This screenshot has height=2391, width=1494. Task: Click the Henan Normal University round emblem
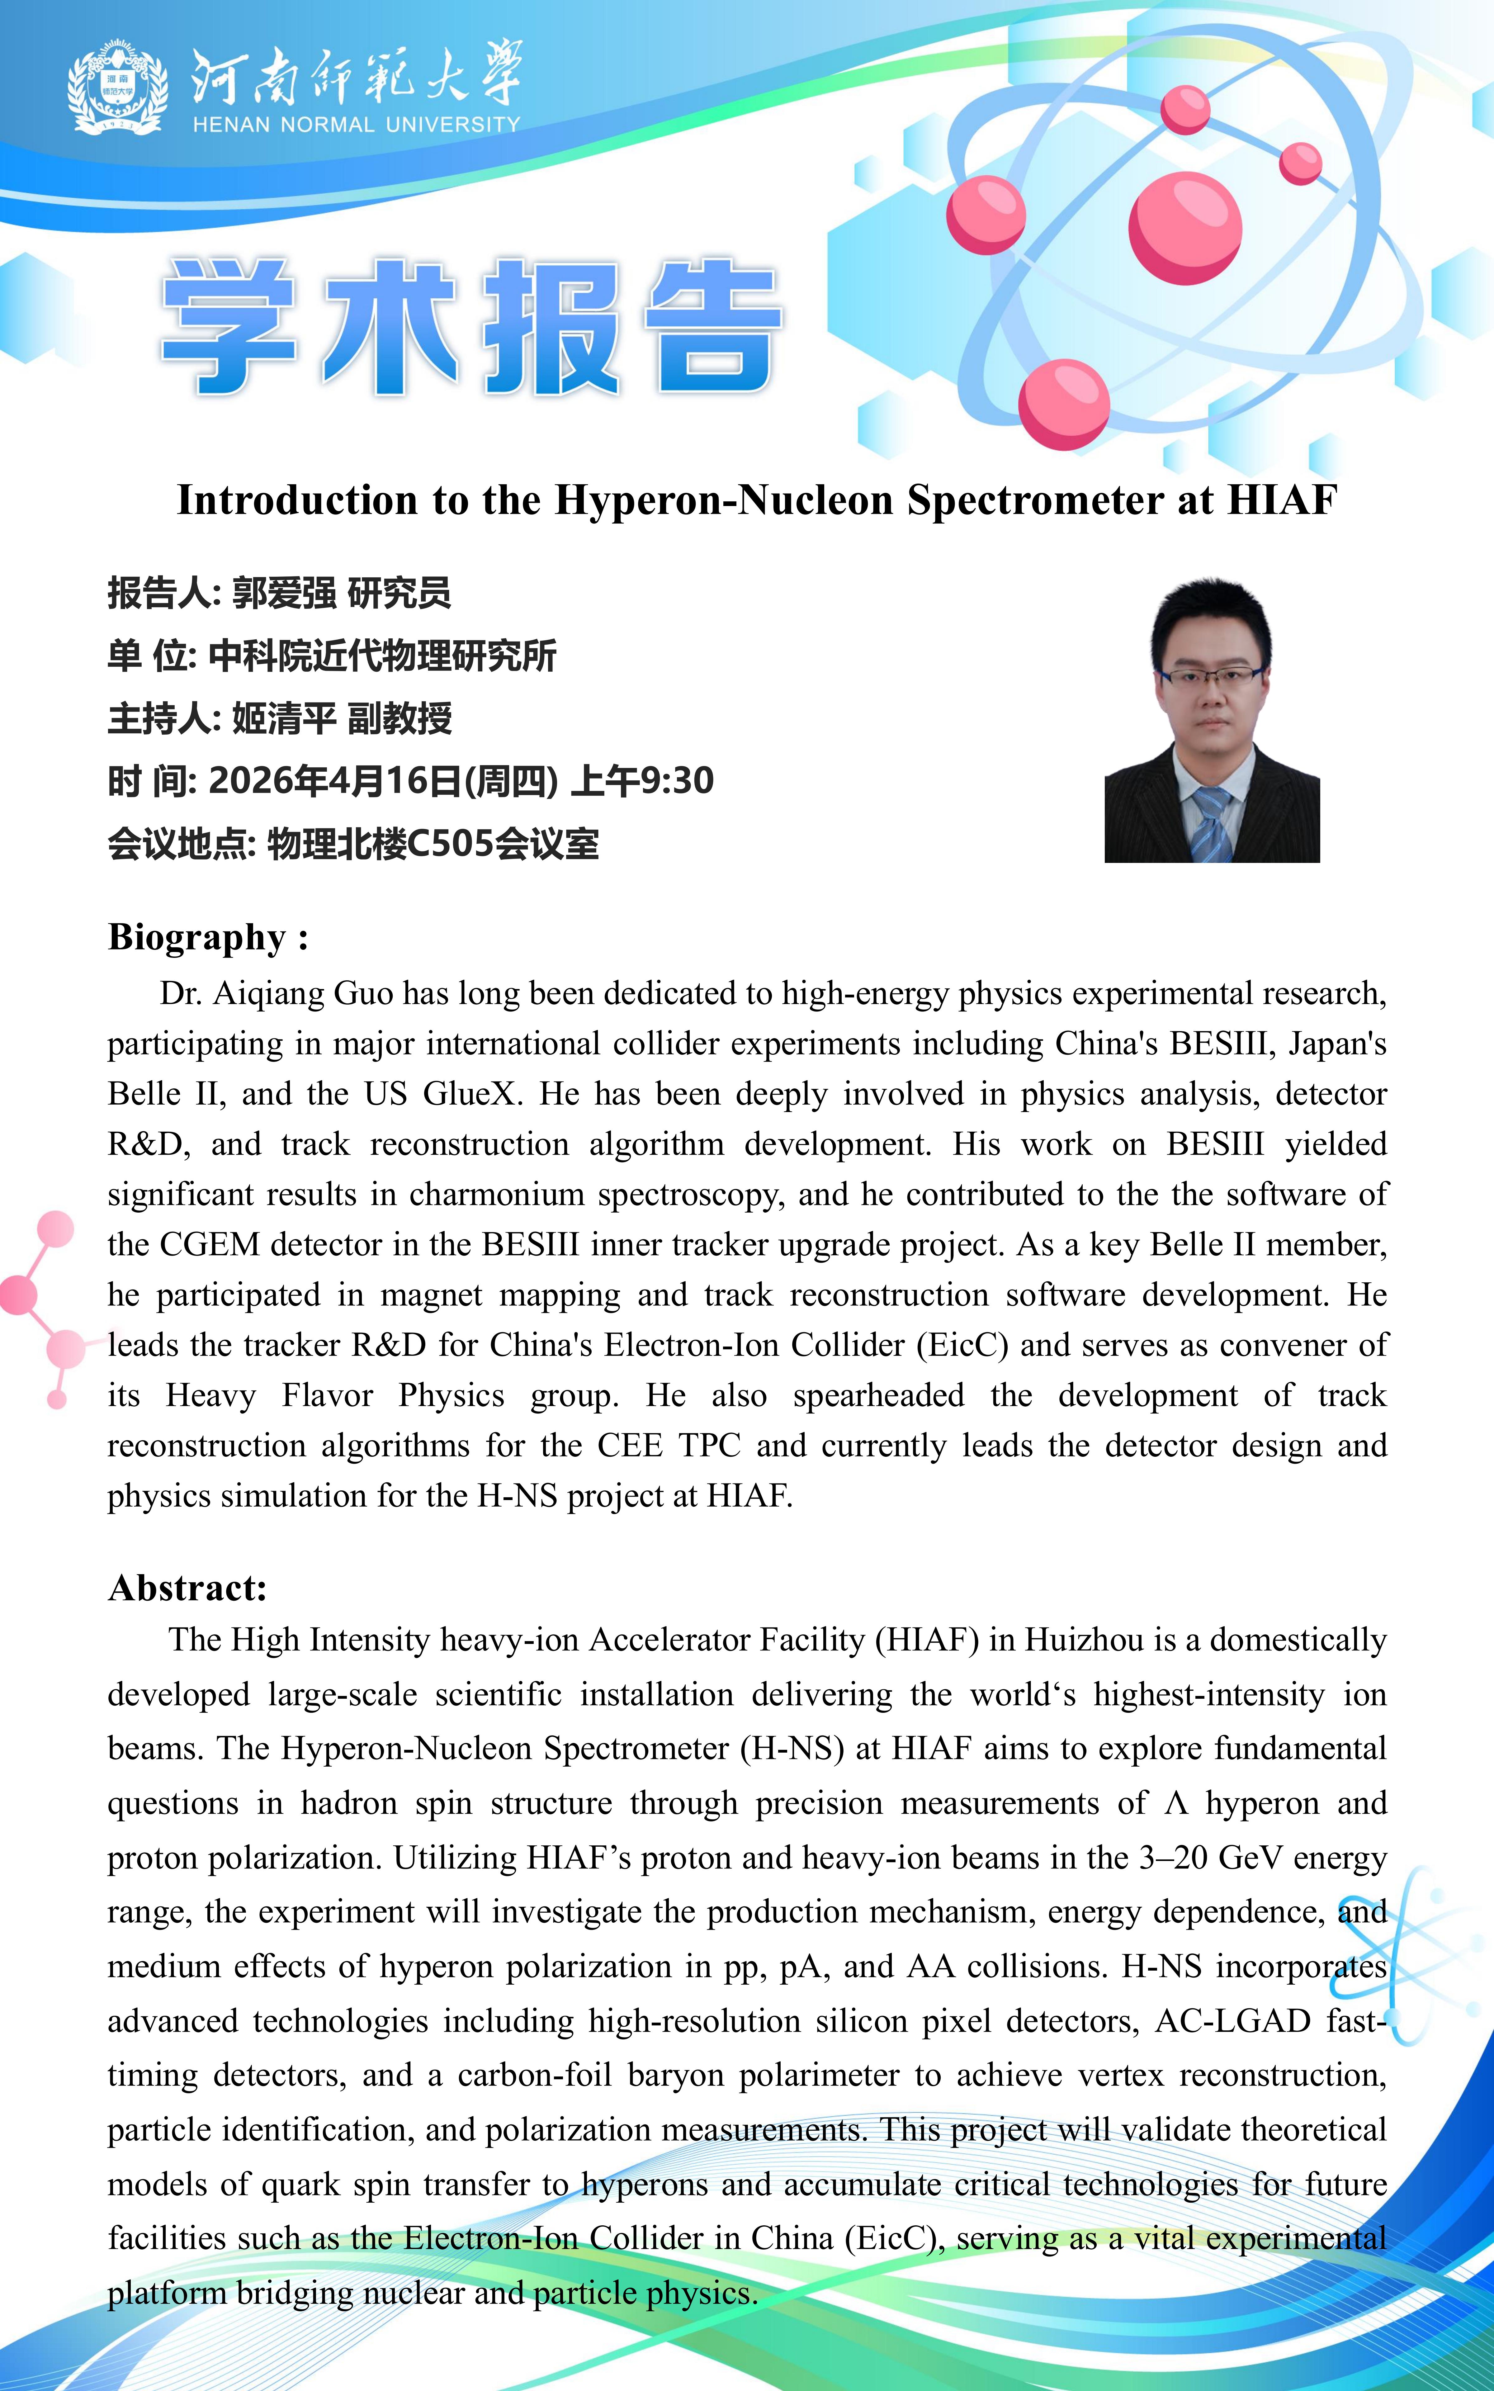(x=116, y=88)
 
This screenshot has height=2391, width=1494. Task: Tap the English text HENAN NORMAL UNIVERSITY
(x=356, y=125)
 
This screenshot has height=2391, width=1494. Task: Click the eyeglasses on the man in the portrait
(x=1211, y=678)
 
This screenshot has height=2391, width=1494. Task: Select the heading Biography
(x=198, y=937)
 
